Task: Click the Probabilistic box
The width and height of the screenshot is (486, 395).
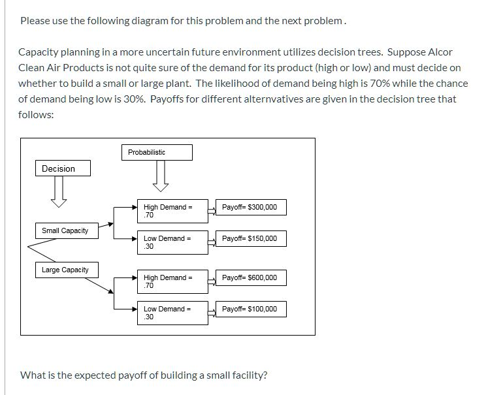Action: pos(156,152)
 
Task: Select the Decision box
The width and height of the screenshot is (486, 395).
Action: pos(63,168)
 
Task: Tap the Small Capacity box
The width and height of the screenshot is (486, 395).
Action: pos(65,230)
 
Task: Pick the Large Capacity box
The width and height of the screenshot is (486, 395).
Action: pos(65,270)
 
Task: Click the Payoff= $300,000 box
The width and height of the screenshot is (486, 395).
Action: pos(250,208)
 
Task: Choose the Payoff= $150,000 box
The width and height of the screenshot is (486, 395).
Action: pos(250,239)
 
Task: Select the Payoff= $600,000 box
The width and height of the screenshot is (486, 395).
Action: pos(250,277)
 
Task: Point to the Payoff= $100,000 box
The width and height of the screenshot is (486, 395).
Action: pos(250,309)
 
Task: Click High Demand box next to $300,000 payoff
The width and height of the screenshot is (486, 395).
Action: pos(171,211)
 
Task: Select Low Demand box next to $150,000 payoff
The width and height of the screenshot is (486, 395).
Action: pos(171,242)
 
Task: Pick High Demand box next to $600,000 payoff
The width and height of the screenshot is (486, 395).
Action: pos(171,281)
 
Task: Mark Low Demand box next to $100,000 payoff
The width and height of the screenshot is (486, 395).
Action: pos(171,313)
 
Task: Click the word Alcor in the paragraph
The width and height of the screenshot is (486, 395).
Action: pos(440,52)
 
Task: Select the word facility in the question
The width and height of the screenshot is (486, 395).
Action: pos(248,375)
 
